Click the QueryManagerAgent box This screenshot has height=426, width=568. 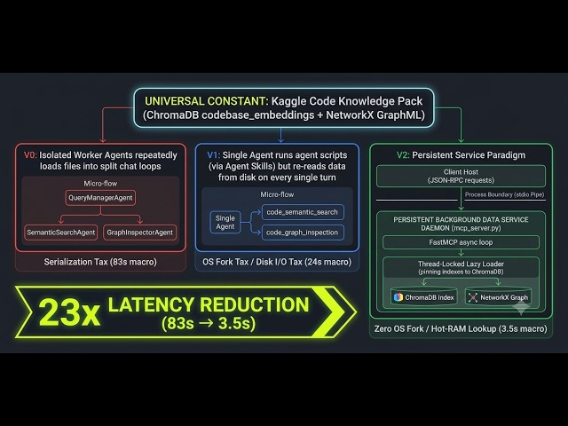pyautogui.click(x=100, y=198)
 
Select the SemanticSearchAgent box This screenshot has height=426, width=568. pyautogui.click(x=61, y=233)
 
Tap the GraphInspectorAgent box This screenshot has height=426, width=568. pyautogui.click(x=140, y=233)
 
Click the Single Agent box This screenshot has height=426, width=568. pyautogui.click(x=225, y=223)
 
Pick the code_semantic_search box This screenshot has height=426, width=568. pyautogui.click(x=303, y=212)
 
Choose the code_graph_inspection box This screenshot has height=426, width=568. pyautogui.click(x=303, y=233)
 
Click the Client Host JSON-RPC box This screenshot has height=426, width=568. pyautogui.click(x=461, y=176)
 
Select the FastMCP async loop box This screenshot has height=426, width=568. pyautogui.click(x=461, y=242)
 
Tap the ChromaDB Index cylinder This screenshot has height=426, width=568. pyautogui.click(x=424, y=297)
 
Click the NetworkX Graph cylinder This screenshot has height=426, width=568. pyautogui.click(x=499, y=297)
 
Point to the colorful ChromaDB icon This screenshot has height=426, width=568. pyautogui.click(x=398, y=297)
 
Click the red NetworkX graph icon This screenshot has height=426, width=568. pyautogui.click(x=473, y=297)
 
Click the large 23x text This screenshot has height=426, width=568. pyautogui.click(x=69, y=312)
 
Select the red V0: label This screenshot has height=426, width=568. pyautogui.click(x=30, y=155)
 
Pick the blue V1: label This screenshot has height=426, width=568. pyautogui.click(x=213, y=155)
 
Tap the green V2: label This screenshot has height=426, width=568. pyautogui.click(x=403, y=155)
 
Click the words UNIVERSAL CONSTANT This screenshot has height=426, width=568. pyautogui.click(x=207, y=101)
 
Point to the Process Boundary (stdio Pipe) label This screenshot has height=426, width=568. pyautogui.click(x=505, y=194)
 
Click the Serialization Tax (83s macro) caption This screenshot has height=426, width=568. pyautogui.click(x=100, y=262)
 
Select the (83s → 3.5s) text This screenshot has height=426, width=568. pyautogui.click(x=209, y=323)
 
